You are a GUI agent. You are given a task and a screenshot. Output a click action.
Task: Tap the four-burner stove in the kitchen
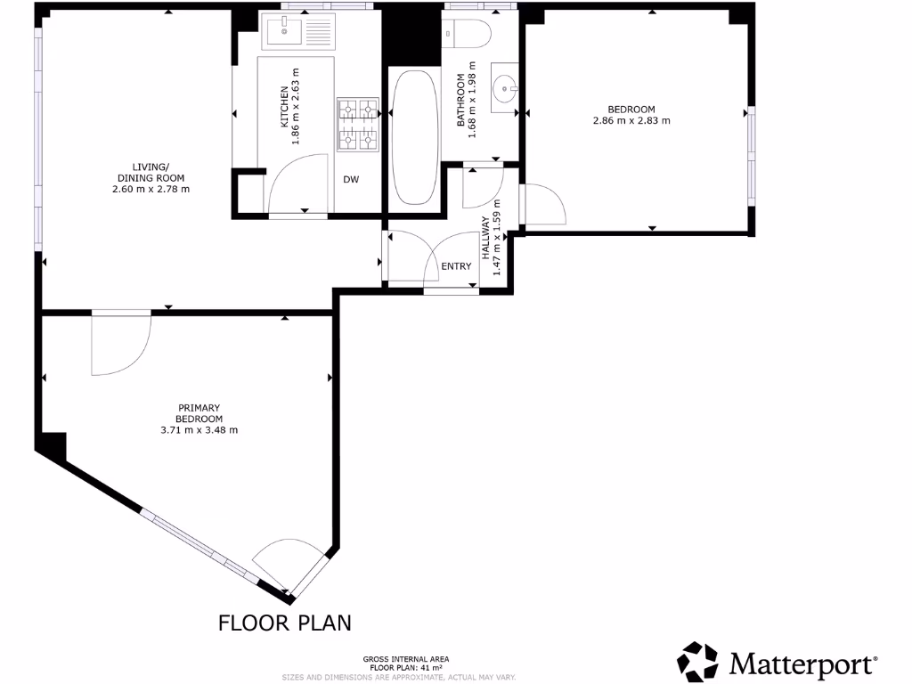tap(357, 125)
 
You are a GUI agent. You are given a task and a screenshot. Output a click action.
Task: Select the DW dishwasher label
tap(351, 180)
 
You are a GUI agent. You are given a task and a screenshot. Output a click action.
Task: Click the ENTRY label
tap(456, 266)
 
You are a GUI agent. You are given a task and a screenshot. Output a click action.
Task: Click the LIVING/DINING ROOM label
tap(151, 177)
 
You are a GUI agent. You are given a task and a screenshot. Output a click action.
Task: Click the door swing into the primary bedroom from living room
tap(120, 344)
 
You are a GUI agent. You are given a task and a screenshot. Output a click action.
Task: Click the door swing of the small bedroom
tap(542, 205)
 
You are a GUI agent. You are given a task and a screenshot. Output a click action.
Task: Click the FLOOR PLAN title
tap(285, 622)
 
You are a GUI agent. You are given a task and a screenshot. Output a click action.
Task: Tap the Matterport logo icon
tap(698, 663)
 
